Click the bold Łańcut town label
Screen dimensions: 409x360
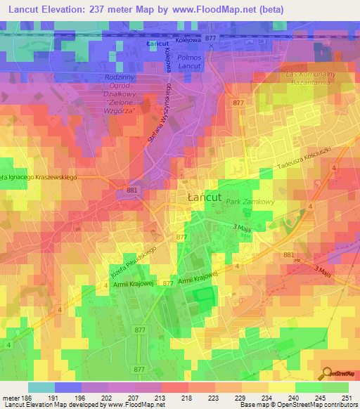(204, 198)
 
